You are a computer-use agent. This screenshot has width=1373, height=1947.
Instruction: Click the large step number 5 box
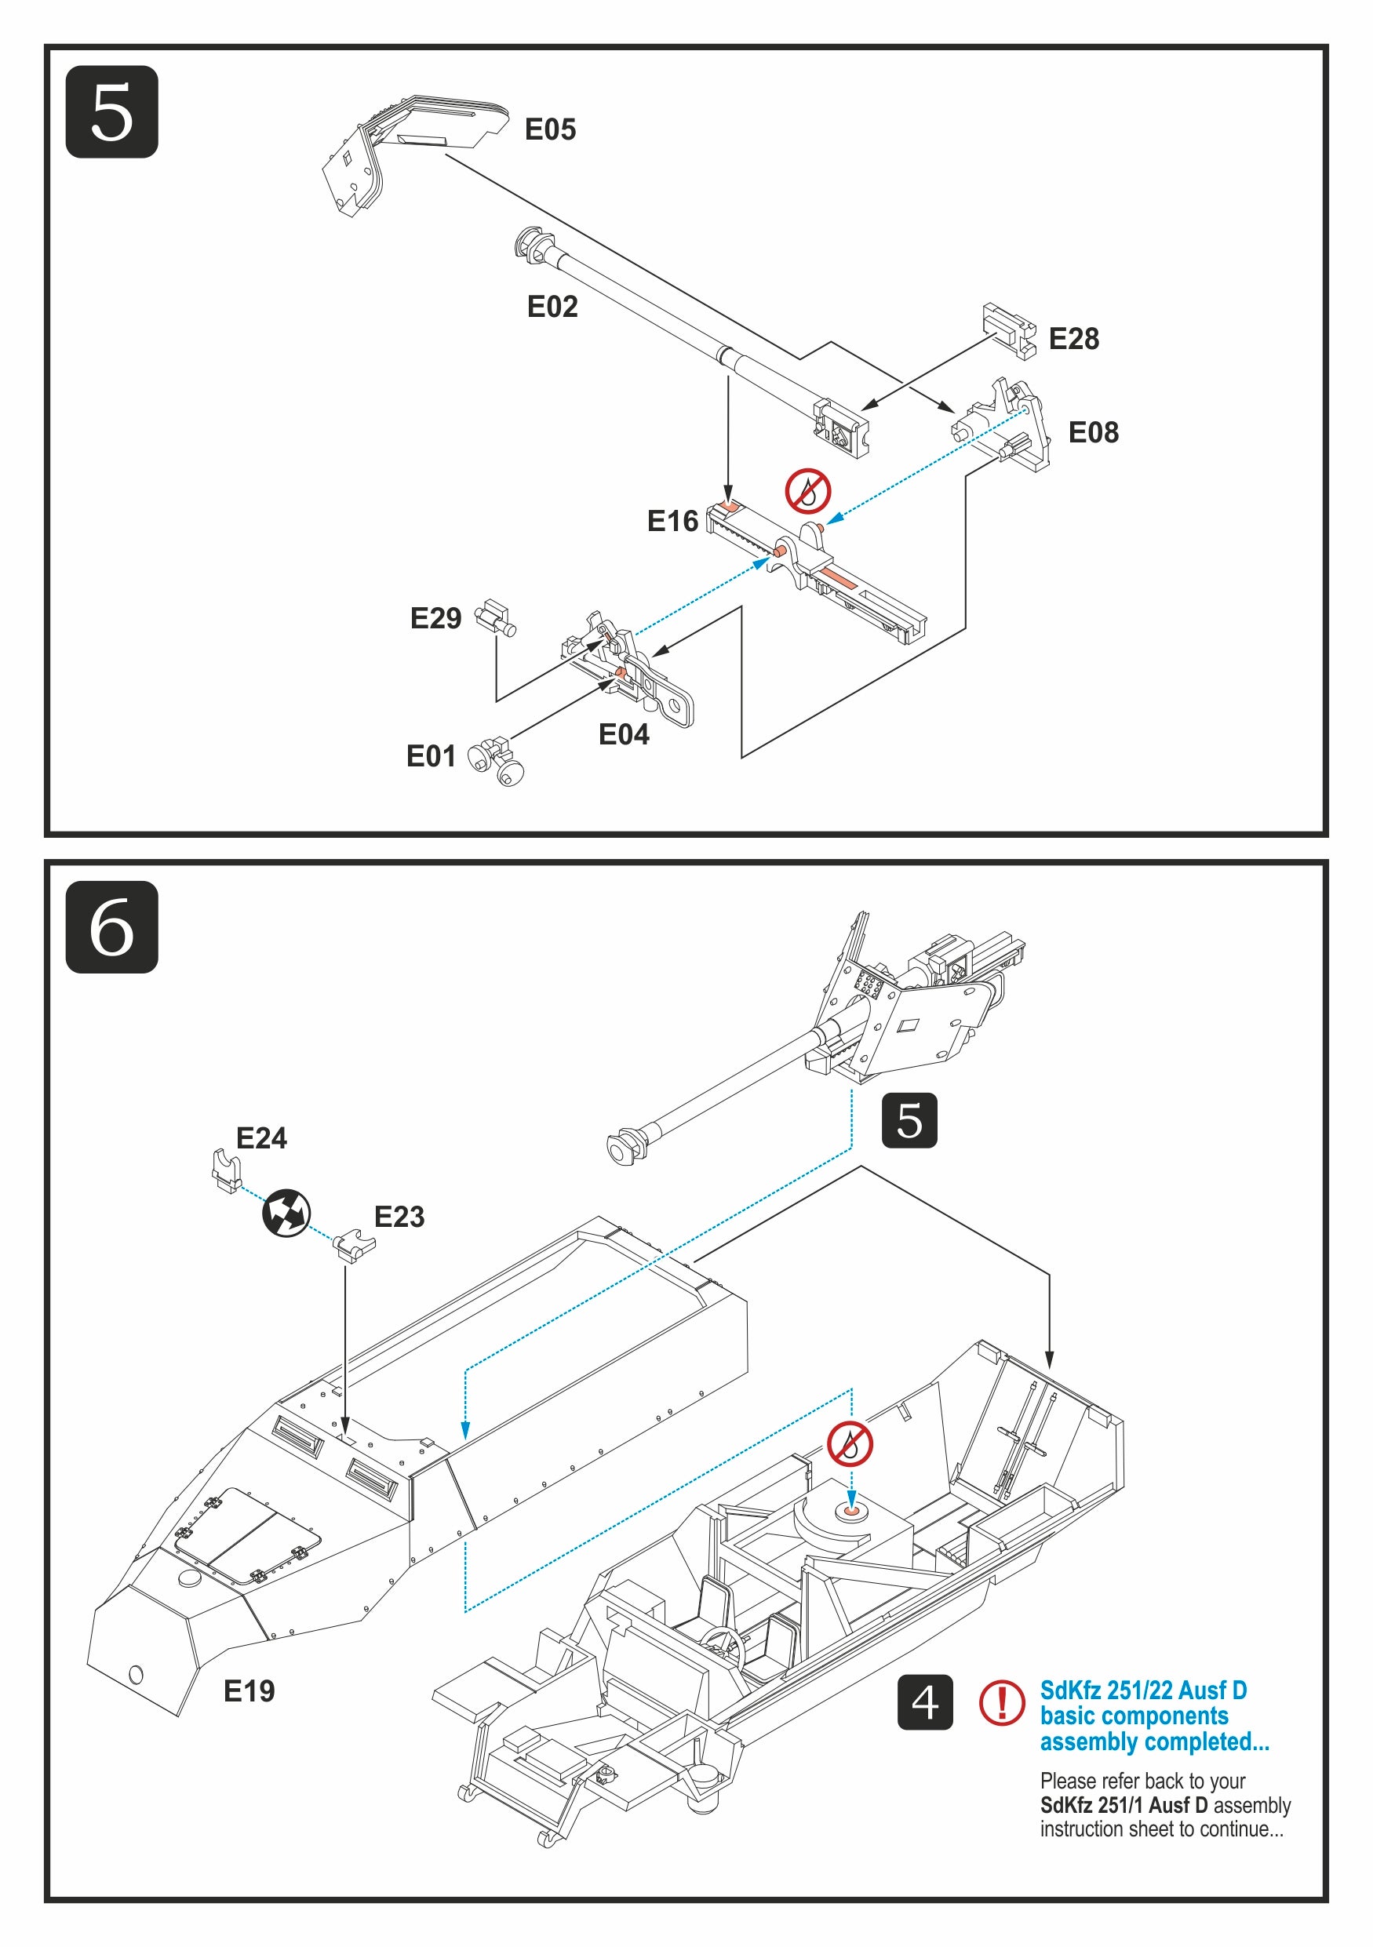click(x=111, y=111)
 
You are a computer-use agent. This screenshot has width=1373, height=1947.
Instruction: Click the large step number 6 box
click(x=111, y=927)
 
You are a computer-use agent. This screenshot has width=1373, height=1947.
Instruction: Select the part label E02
click(x=552, y=306)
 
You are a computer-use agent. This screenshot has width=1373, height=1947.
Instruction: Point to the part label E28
click(x=1073, y=338)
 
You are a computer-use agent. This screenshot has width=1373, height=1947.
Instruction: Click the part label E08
click(x=1092, y=432)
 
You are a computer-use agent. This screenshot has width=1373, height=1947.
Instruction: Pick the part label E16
click(x=672, y=521)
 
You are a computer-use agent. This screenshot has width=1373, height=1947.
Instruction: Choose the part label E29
click(x=435, y=618)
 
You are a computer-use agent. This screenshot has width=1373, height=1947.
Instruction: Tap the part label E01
click(x=431, y=755)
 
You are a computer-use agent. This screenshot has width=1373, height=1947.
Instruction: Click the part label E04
click(x=623, y=734)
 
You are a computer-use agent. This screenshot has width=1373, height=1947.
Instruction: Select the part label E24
click(x=261, y=1138)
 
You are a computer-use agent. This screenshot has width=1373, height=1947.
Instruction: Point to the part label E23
click(x=399, y=1217)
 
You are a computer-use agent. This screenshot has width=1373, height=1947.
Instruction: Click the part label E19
click(x=249, y=1691)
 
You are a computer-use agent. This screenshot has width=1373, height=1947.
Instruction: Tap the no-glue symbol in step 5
click(x=807, y=491)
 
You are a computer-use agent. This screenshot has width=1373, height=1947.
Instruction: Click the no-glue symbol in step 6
click(x=850, y=1444)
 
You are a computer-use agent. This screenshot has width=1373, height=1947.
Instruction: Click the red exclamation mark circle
click(x=1002, y=1702)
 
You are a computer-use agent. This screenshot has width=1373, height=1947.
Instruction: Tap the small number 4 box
click(x=924, y=1702)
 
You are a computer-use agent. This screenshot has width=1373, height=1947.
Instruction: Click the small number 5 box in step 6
click(x=909, y=1120)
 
